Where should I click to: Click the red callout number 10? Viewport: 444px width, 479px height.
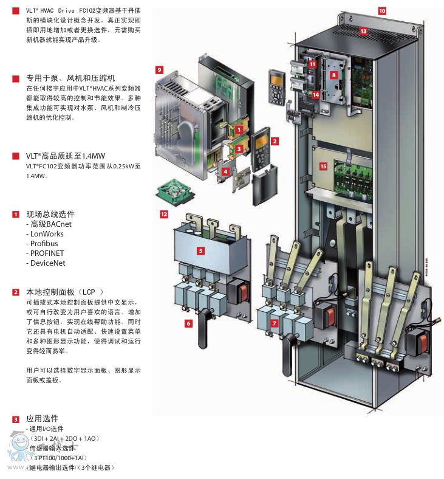pyautogui.click(x=382, y=10)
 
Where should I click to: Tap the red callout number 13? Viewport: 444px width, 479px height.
pyautogui.click(x=363, y=30)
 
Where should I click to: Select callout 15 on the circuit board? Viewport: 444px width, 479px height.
pyautogui.click(x=323, y=166)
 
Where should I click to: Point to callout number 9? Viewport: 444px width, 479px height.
pyautogui.click(x=160, y=70)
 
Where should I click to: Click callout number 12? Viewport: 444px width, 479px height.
pyautogui.click(x=163, y=214)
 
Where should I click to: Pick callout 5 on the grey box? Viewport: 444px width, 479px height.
pyautogui.click(x=200, y=250)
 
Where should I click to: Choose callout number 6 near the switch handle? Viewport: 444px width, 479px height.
pyautogui.click(x=188, y=323)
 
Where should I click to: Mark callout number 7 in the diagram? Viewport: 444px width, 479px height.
pyautogui.click(x=275, y=323)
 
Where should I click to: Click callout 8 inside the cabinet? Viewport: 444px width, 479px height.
pyautogui.click(x=333, y=74)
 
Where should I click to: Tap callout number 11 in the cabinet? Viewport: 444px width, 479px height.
pyautogui.click(x=313, y=63)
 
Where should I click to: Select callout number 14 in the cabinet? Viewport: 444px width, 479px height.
pyautogui.click(x=316, y=94)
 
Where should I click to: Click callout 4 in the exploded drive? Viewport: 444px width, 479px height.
pyautogui.click(x=225, y=171)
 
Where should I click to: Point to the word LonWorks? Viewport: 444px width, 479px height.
pyautogui.click(x=47, y=234)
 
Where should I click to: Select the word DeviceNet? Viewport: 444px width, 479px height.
pyautogui.click(x=47, y=263)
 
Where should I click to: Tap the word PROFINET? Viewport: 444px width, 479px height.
pyautogui.click(x=47, y=253)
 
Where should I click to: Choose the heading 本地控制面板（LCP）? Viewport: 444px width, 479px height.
pyautogui.click(x=67, y=292)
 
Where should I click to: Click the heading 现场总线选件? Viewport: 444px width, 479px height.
pyautogui.click(x=50, y=215)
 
